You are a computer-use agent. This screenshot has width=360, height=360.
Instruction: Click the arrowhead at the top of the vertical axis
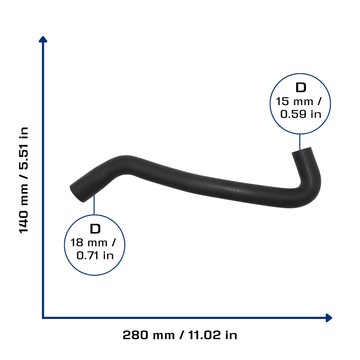point(43,39)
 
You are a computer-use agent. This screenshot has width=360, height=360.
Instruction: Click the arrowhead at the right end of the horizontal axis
point(329,318)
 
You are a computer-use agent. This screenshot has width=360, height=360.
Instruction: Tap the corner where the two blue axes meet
point(43,318)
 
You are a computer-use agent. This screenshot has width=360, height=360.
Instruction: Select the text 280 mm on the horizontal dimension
point(149,335)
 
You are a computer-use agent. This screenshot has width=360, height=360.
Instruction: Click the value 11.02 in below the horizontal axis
point(213,335)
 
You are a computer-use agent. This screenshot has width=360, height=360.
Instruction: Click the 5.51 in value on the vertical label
point(24,148)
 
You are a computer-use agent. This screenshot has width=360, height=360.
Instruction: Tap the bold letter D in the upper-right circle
point(301,88)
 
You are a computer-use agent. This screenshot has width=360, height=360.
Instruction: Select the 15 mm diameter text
point(295,102)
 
